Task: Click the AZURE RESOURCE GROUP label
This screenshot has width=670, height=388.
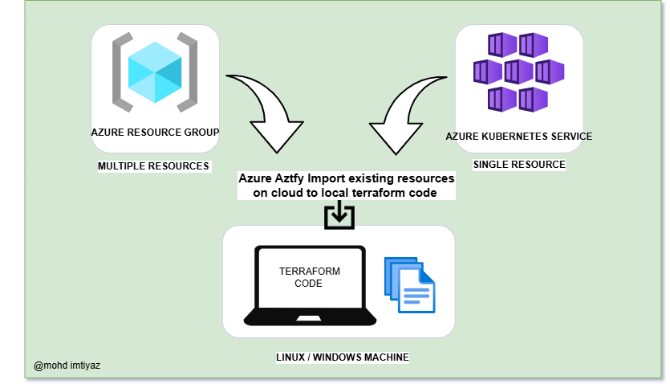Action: [x=156, y=131]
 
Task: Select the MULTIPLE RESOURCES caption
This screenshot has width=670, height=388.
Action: [x=153, y=166]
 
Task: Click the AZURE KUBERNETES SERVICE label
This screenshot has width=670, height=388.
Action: [x=519, y=137]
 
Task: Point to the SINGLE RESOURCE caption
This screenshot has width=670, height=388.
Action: [x=519, y=165]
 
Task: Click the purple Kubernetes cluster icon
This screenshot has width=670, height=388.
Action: [x=519, y=71]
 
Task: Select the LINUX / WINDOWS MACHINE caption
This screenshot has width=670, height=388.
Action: [x=343, y=357]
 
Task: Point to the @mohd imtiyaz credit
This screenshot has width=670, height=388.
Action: [x=67, y=366]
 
